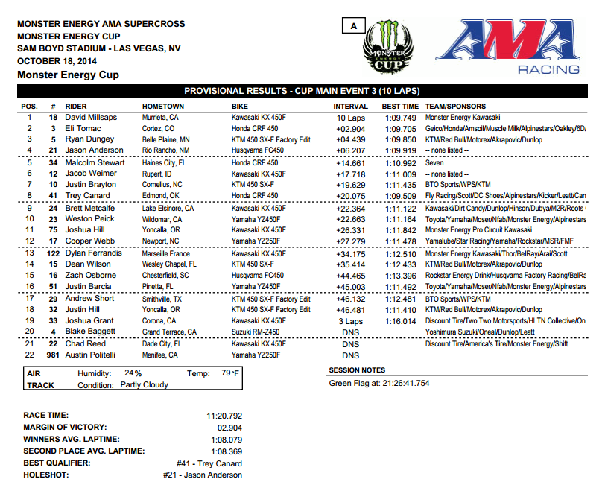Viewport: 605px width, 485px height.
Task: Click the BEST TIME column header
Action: (399, 106)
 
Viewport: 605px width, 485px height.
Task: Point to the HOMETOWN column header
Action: (163, 106)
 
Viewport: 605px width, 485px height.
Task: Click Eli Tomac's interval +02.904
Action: (350, 128)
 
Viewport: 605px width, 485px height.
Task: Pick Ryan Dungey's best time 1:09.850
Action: (400, 139)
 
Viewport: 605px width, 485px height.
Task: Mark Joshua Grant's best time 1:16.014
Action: (400, 320)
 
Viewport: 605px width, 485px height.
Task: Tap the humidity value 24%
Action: (133, 373)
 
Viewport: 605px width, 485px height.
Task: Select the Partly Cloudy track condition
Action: (144, 385)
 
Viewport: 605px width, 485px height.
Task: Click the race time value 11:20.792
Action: (224, 415)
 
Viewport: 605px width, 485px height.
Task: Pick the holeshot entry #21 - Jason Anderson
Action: (203, 475)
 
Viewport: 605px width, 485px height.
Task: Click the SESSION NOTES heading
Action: (357, 370)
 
